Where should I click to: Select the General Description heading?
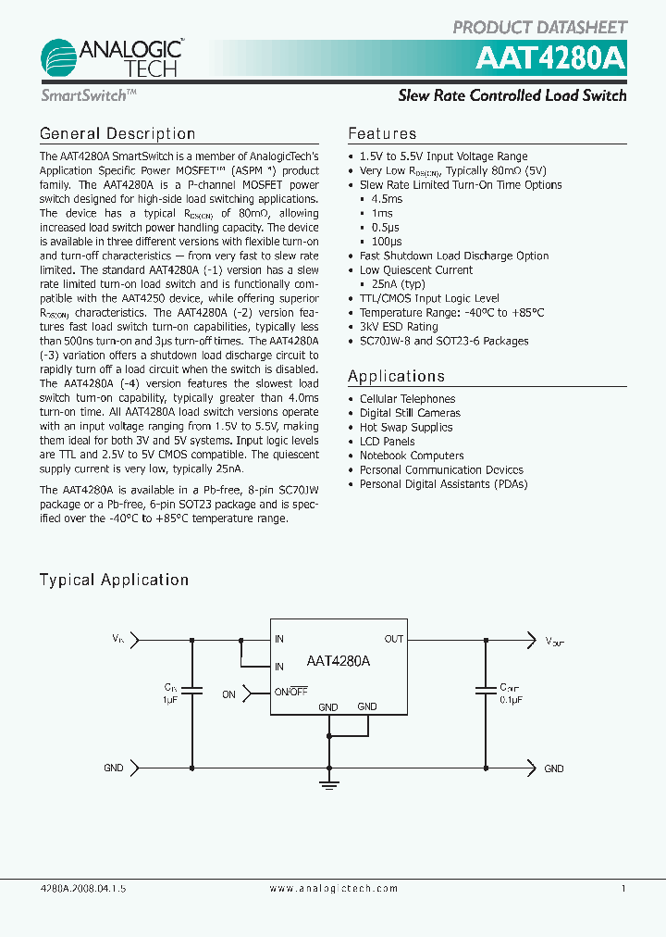coord(117,133)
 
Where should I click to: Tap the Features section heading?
coord(382,133)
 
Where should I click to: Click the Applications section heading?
coord(396,376)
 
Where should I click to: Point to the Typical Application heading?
coord(114,580)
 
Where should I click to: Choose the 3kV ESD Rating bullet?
coord(399,327)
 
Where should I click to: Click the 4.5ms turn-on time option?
coord(387,199)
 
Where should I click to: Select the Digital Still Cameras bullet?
coord(410,413)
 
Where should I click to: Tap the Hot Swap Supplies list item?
coord(406,428)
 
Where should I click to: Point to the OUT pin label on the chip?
coord(394,639)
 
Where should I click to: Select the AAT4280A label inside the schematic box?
coord(338,661)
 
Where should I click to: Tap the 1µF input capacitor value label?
coord(171,701)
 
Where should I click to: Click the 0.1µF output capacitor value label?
coord(511,701)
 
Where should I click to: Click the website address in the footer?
coord(333,888)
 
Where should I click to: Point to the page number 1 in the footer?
coord(623,888)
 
